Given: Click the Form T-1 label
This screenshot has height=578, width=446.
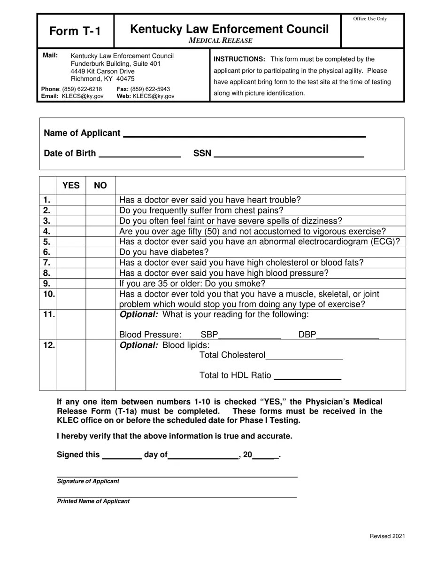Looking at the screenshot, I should (x=75, y=31).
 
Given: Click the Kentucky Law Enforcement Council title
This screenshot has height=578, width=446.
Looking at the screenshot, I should (x=229, y=29).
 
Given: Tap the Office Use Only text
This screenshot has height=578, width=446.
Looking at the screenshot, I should (x=370, y=19).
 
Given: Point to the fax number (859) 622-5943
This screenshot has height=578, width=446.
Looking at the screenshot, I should (x=150, y=89).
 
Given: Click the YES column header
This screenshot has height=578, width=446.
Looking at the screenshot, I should (x=71, y=185).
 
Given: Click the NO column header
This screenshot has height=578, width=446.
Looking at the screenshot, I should (x=100, y=185).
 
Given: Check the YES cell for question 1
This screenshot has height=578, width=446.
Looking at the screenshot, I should (x=71, y=200).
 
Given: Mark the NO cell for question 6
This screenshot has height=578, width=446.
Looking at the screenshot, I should (x=100, y=252).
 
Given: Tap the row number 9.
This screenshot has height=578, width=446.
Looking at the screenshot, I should (x=47, y=283).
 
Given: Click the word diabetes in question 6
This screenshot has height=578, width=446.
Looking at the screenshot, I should (x=187, y=252).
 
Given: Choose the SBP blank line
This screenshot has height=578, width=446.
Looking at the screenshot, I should (x=250, y=336).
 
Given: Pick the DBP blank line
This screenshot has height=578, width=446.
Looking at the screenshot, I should (x=347, y=336).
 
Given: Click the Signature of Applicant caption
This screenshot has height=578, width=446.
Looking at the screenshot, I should (x=88, y=481).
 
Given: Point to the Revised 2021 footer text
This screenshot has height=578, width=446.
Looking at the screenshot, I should (x=387, y=536).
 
